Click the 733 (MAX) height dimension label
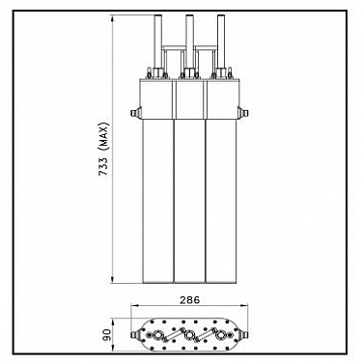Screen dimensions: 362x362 [104, 149]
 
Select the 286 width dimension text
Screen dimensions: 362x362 [189, 300]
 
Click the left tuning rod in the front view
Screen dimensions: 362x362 [158, 41]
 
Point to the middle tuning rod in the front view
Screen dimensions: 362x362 [189, 41]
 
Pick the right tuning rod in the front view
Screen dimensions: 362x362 [221, 41]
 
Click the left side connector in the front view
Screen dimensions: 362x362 [135, 113]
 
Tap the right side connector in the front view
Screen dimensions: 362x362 [243, 113]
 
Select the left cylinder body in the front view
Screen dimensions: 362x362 [158, 201]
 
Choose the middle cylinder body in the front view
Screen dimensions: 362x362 [189, 201]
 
